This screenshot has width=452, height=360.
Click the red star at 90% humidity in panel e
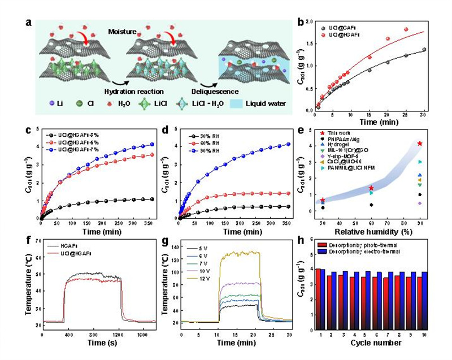(420, 144)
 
